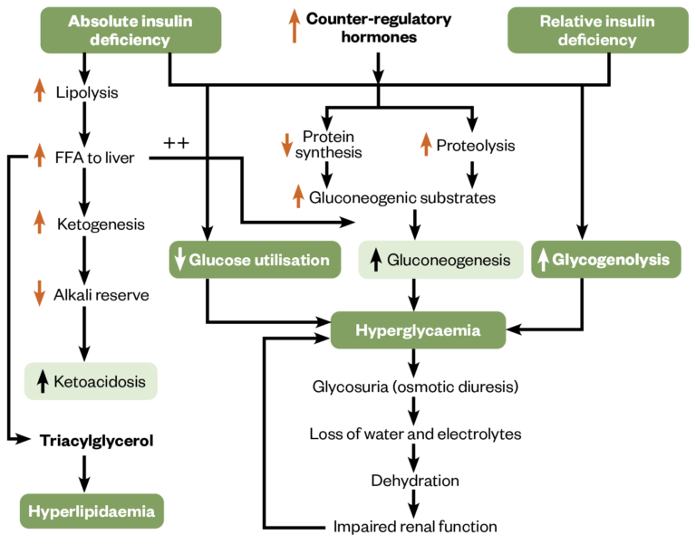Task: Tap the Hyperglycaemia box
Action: tap(417, 330)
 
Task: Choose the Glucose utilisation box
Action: tap(256, 260)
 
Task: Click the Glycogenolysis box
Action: tap(606, 260)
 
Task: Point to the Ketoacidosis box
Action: tap(90, 381)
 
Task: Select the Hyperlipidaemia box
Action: tap(92, 511)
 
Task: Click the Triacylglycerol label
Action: tap(97, 441)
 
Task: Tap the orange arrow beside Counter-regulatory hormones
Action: tap(292, 27)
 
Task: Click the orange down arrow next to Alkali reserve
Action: tap(39, 294)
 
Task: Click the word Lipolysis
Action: tap(87, 92)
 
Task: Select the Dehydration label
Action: tap(415, 480)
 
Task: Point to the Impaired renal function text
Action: tap(415, 526)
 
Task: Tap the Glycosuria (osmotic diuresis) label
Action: tap(415, 387)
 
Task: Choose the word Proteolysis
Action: tap(476, 145)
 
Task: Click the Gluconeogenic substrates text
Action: tap(402, 196)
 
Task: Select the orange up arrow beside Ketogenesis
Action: tap(39, 223)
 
